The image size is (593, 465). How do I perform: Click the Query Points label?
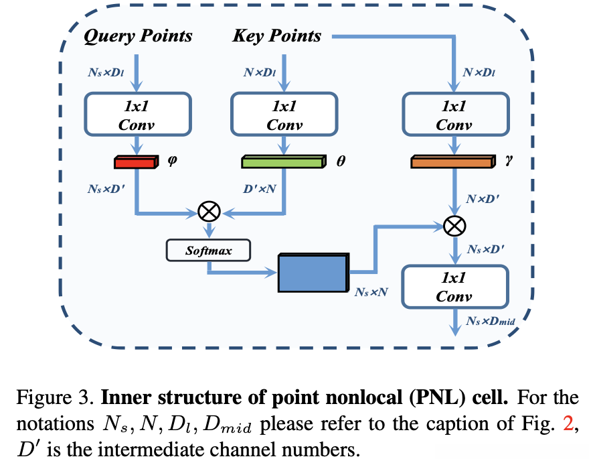coord(137,36)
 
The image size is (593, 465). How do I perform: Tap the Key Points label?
coord(276,36)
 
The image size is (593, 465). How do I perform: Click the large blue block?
coord(312,272)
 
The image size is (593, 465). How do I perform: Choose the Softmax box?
coord(208,251)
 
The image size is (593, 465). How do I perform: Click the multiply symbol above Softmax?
coord(209,212)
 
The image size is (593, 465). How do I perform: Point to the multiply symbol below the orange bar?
coord(454,225)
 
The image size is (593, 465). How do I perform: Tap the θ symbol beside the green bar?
coord(341,161)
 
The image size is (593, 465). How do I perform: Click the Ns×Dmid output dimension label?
coord(489,322)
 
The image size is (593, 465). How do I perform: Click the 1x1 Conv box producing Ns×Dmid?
coord(454,287)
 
